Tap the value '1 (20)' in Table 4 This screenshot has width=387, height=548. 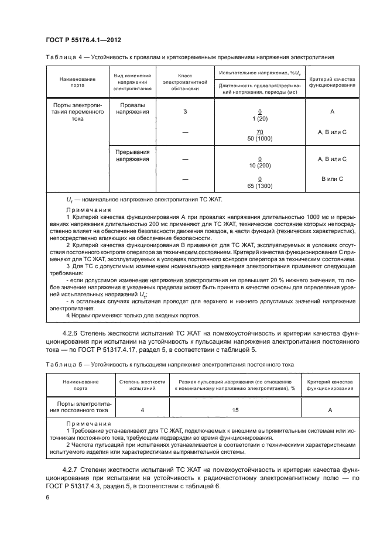point(259,117)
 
